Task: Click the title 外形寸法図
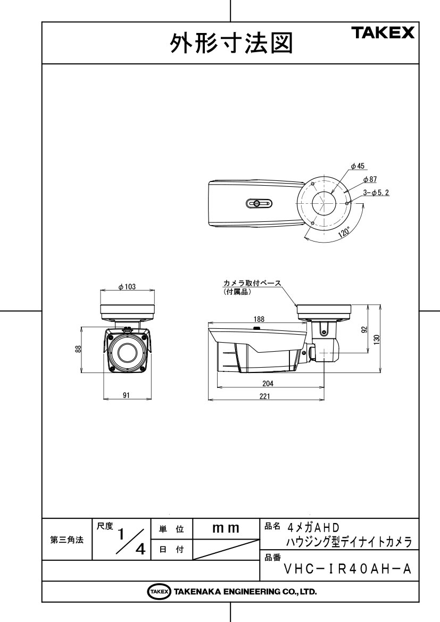(231, 43)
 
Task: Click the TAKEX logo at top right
(383, 32)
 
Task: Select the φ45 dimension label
(358, 166)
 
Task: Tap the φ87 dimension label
(370, 179)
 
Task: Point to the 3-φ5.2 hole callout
(376, 193)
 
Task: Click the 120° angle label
(344, 232)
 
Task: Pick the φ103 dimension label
(127, 287)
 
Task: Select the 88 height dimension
(78, 349)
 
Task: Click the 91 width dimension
(126, 395)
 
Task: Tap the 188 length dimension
(259, 319)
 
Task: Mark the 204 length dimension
(268, 384)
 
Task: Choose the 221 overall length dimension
(264, 396)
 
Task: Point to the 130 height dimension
(377, 339)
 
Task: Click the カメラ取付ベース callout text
(252, 283)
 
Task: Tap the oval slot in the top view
(259, 204)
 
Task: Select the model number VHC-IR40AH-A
(348, 569)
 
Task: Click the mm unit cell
(226, 528)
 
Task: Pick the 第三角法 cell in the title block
(67, 540)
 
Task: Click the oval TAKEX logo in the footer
(159, 592)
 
